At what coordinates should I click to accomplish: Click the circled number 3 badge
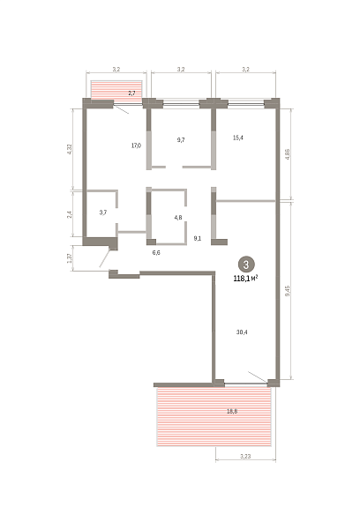246,264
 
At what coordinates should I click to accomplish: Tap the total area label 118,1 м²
246,279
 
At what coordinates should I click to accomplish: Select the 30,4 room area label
242,332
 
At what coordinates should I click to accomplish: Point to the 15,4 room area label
238,138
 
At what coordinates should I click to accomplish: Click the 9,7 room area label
181,139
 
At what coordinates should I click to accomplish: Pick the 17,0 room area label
136,145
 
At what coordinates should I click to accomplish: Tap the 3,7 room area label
103,212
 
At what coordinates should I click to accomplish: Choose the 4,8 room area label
178,218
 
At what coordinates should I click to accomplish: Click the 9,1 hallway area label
198,238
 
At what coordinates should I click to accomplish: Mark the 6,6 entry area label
156,252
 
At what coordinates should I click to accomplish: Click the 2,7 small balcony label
131,93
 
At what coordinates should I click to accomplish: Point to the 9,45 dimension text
288,291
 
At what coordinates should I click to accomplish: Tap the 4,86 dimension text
288,154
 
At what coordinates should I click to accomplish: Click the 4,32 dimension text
70,149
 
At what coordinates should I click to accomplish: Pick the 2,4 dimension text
69,213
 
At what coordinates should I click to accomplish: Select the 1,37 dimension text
70,258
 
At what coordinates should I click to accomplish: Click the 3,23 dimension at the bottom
245,456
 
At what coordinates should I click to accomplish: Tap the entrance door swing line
105,258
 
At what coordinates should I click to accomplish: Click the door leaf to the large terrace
258,376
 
